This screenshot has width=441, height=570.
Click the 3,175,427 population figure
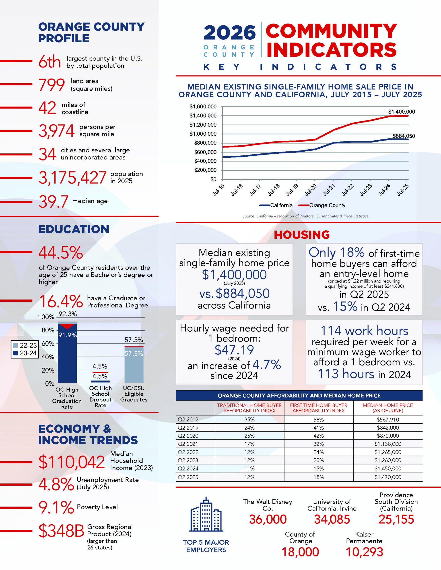(x=72, y=178)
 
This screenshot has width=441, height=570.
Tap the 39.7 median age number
(x=54, y=202)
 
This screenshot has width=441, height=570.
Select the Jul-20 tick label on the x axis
(x=311, y=190)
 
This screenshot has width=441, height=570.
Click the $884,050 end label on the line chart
(x=404, y=136)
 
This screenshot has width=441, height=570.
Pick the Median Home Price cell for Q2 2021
(x=388, y=444)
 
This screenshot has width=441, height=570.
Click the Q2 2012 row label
(x=188, y=419)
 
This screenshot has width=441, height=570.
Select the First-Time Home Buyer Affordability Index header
(x=318, y=408)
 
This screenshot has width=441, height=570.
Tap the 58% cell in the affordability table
(x=318, y=420)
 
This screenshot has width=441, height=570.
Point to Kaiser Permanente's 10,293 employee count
(x=364, y=552)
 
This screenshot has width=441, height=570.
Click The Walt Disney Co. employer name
(x=268, y=505)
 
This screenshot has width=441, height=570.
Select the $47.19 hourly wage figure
(x=234, y=350)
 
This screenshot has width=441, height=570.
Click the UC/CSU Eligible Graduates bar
(x=134, y=365)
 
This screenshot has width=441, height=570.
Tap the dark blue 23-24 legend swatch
(x=15, y=353)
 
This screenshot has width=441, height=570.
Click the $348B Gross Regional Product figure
(x=61, y=531)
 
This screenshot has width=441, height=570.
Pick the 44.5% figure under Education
(x=61, y=253)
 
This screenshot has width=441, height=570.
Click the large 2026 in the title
(x=229, y=33)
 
